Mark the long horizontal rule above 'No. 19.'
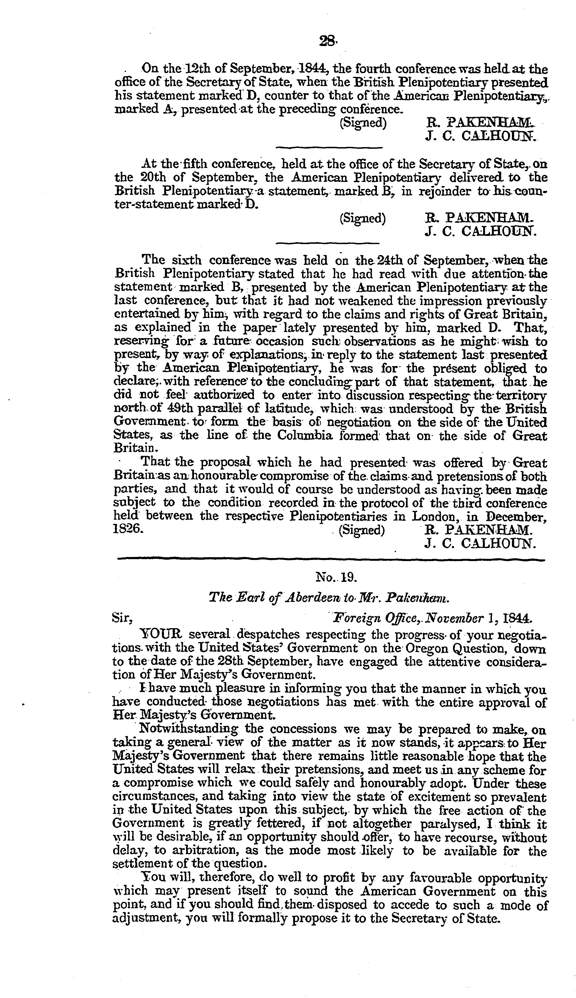pos(331,560)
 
